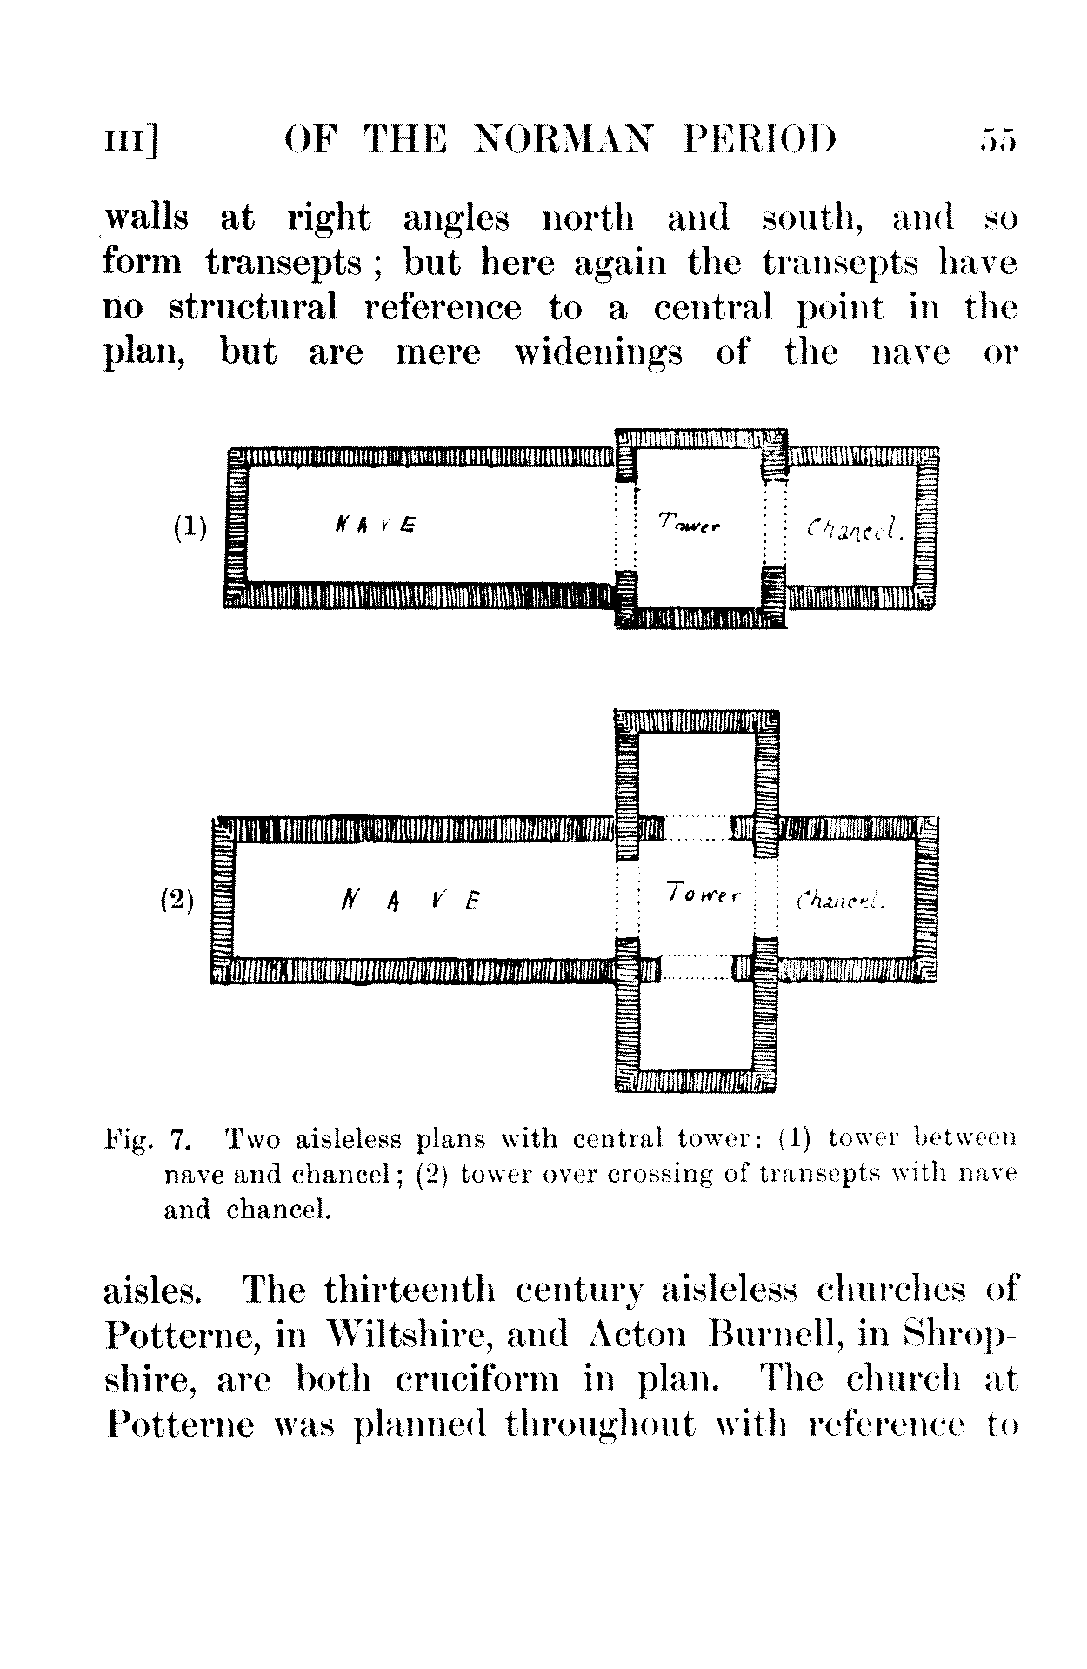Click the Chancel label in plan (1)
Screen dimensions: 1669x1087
pos(856,528)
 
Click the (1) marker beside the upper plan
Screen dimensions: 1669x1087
pos(190,527)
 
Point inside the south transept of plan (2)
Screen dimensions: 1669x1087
pos(696,1027)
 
